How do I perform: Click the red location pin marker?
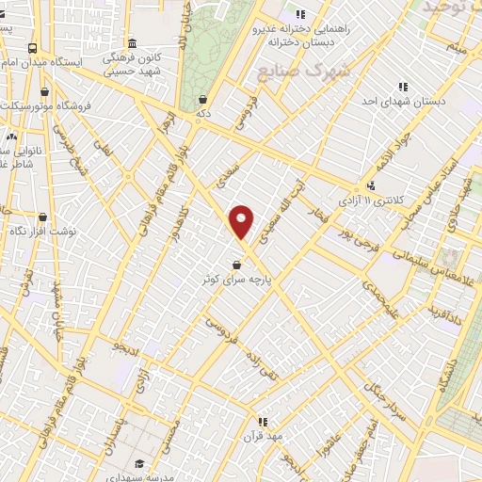pos(241,222)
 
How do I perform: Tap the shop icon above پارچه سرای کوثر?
pos(235,265)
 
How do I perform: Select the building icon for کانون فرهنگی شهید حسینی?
pos(131,43)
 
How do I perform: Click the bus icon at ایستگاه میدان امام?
pos(33,47)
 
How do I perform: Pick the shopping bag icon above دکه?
pos(203,98)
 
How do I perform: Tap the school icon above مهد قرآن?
pos(263,422)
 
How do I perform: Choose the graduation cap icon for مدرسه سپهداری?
pos(140,462)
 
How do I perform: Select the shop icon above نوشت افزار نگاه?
pos(42,217)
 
